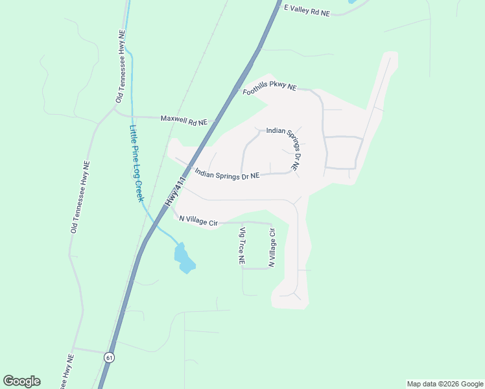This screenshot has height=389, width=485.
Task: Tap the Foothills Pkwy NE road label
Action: click(269, 89)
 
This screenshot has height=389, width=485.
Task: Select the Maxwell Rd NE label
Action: click(183, 121)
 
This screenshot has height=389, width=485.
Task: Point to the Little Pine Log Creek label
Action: click(136, 163)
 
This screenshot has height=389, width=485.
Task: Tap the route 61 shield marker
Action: click(109, 357)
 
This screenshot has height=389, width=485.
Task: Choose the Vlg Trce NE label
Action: click(242, 246)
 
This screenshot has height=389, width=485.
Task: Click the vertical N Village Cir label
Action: click(272, 248)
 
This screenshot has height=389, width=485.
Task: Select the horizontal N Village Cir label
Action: click(198, 221)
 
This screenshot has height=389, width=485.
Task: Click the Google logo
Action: click(21, 381)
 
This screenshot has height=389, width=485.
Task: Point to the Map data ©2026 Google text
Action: click(444, 384)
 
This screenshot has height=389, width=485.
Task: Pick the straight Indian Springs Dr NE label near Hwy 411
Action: click(227, 175)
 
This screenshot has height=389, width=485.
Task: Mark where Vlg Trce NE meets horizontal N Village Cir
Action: click(241, 222)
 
